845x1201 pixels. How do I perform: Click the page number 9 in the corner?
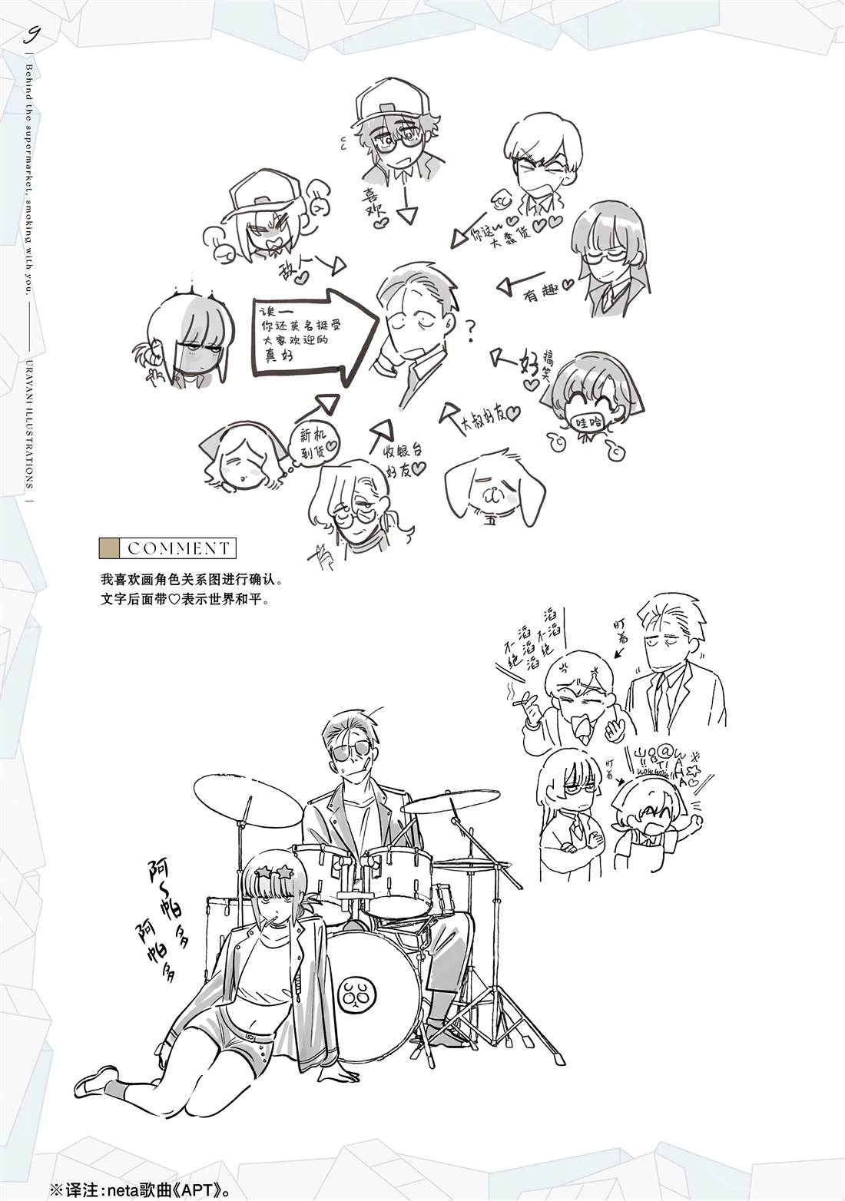pyautogui.click(x=33, y=35)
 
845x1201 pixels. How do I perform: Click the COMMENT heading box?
pyautogui.click(x=168, y=548)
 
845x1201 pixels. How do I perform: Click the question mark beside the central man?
pyautogui.click(x=469, y=332)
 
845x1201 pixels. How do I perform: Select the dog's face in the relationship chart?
pyautogui.click(x=495, y=491)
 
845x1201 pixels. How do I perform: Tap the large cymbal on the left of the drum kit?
pyautogui.click(x=248, y=799)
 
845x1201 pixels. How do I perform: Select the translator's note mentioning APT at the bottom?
pyautogui.click(x=154, y=1183)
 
